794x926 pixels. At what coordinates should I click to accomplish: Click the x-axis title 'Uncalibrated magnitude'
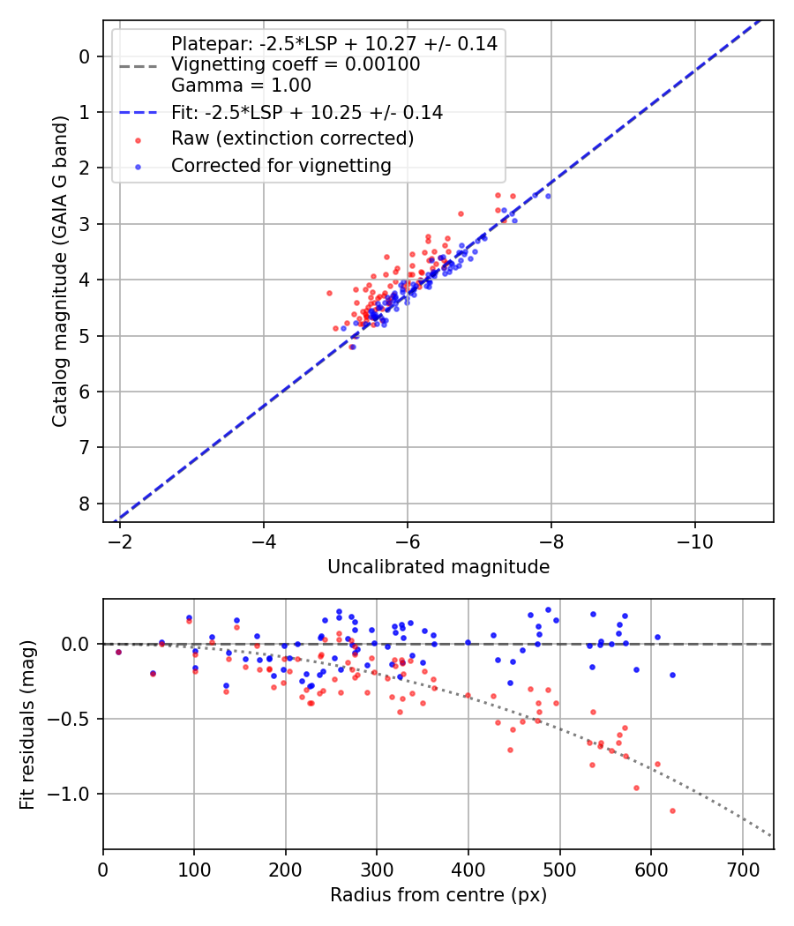coord(438,567)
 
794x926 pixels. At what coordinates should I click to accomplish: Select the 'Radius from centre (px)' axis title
coord(438,895)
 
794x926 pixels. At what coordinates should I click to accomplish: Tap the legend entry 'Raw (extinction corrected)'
coord(292,138)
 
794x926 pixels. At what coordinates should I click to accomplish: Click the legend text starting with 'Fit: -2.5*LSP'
coord(307,112)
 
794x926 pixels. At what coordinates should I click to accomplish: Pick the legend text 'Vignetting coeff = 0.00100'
coord(296,64)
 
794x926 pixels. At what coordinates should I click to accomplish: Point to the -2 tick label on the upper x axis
coord(120,540)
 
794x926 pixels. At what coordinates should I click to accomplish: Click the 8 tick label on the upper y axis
coord(85,504)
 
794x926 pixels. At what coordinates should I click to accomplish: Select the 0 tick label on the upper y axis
coord(85,56)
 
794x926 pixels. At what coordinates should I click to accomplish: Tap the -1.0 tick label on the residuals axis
coord(74,794)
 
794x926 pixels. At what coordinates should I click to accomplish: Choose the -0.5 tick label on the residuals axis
coord(74,719)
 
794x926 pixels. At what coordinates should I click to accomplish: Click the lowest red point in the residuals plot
coord(672,810)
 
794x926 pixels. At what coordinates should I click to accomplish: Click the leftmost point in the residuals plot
coord(119,652)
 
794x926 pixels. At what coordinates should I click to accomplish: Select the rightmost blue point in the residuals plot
coord(672,675)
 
